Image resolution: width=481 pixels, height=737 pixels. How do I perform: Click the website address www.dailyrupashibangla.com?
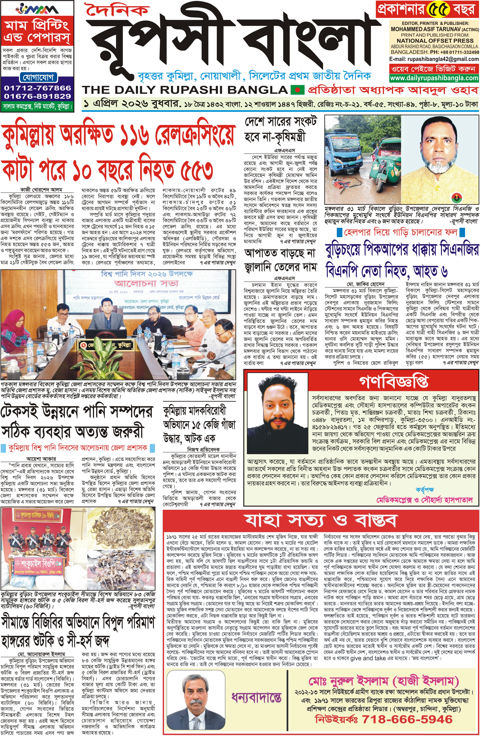pos(434,78)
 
